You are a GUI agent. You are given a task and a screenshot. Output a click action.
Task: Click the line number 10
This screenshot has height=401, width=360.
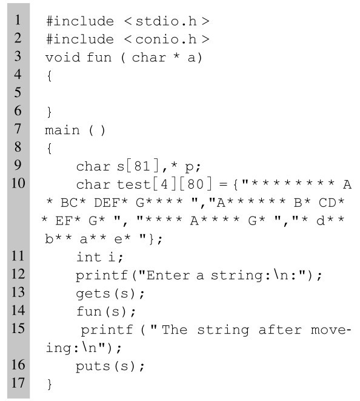click(18, 183)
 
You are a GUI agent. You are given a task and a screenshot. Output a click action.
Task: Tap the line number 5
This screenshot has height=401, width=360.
click(18, 92)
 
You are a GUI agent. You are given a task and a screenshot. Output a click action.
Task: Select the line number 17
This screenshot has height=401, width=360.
click(18, 383)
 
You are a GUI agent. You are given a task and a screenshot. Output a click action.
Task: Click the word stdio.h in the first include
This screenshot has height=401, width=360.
click(166, 21)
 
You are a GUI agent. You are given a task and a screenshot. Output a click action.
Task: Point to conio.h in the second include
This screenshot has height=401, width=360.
click(166, 39)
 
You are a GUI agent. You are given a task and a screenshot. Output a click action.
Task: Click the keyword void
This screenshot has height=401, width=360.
click(63, 57)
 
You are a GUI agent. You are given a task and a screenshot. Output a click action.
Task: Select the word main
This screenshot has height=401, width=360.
click(62, 130)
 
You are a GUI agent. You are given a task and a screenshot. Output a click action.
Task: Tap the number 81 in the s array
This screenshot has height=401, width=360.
click(142, 166)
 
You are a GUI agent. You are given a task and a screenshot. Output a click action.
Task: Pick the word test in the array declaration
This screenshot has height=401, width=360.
click(134, 184)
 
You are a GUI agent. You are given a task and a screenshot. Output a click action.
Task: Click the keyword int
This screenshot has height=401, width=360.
click(89, 257)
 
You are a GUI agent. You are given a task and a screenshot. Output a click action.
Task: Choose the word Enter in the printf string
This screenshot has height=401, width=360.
click(168, 275)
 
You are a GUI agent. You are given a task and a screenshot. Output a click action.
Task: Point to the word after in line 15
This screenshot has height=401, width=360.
click(280, 330)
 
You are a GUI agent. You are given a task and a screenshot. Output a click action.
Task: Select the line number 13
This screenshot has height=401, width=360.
click(18, 292)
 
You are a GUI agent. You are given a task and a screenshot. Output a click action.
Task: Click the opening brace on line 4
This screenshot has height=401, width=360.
click(49, 76)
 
